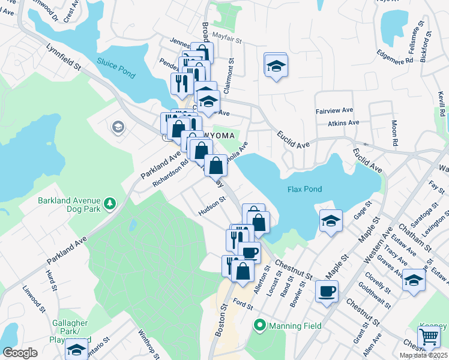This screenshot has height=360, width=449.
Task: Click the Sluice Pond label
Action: [115, 67]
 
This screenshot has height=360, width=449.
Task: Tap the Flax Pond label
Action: [304, 190]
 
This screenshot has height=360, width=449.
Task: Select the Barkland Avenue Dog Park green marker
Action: [110, 205]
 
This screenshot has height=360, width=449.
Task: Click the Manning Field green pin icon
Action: [260, 326]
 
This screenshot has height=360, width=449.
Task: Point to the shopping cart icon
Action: [429, 337]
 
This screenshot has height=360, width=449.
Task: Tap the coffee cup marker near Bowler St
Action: [327, 292]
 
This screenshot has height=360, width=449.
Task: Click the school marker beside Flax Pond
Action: [331, 221]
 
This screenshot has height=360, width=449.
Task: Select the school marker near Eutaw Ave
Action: [414, 280]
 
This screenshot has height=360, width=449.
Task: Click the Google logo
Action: [20, 353]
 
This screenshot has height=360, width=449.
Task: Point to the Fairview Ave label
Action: [332, 112]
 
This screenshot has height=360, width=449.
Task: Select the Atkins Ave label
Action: [343, 123]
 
